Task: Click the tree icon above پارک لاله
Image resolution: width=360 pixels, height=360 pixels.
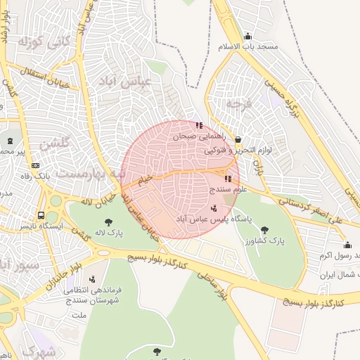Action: point(100,219)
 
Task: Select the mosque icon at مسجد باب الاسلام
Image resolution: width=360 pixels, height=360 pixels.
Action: point(247,37)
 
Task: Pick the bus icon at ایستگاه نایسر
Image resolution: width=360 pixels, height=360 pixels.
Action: point(43,216)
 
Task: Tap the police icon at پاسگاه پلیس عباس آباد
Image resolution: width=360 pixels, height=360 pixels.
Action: point(213,207)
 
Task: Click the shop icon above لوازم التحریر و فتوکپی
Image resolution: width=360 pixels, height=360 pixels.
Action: point(237,139)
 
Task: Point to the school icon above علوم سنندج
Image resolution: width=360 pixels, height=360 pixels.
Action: point(228,179)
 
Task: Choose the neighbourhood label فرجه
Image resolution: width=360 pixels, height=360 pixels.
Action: point(234,103)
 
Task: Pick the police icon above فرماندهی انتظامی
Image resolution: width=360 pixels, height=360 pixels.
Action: point(92,278)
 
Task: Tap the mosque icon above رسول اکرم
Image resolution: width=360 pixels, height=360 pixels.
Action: point(347,245)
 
